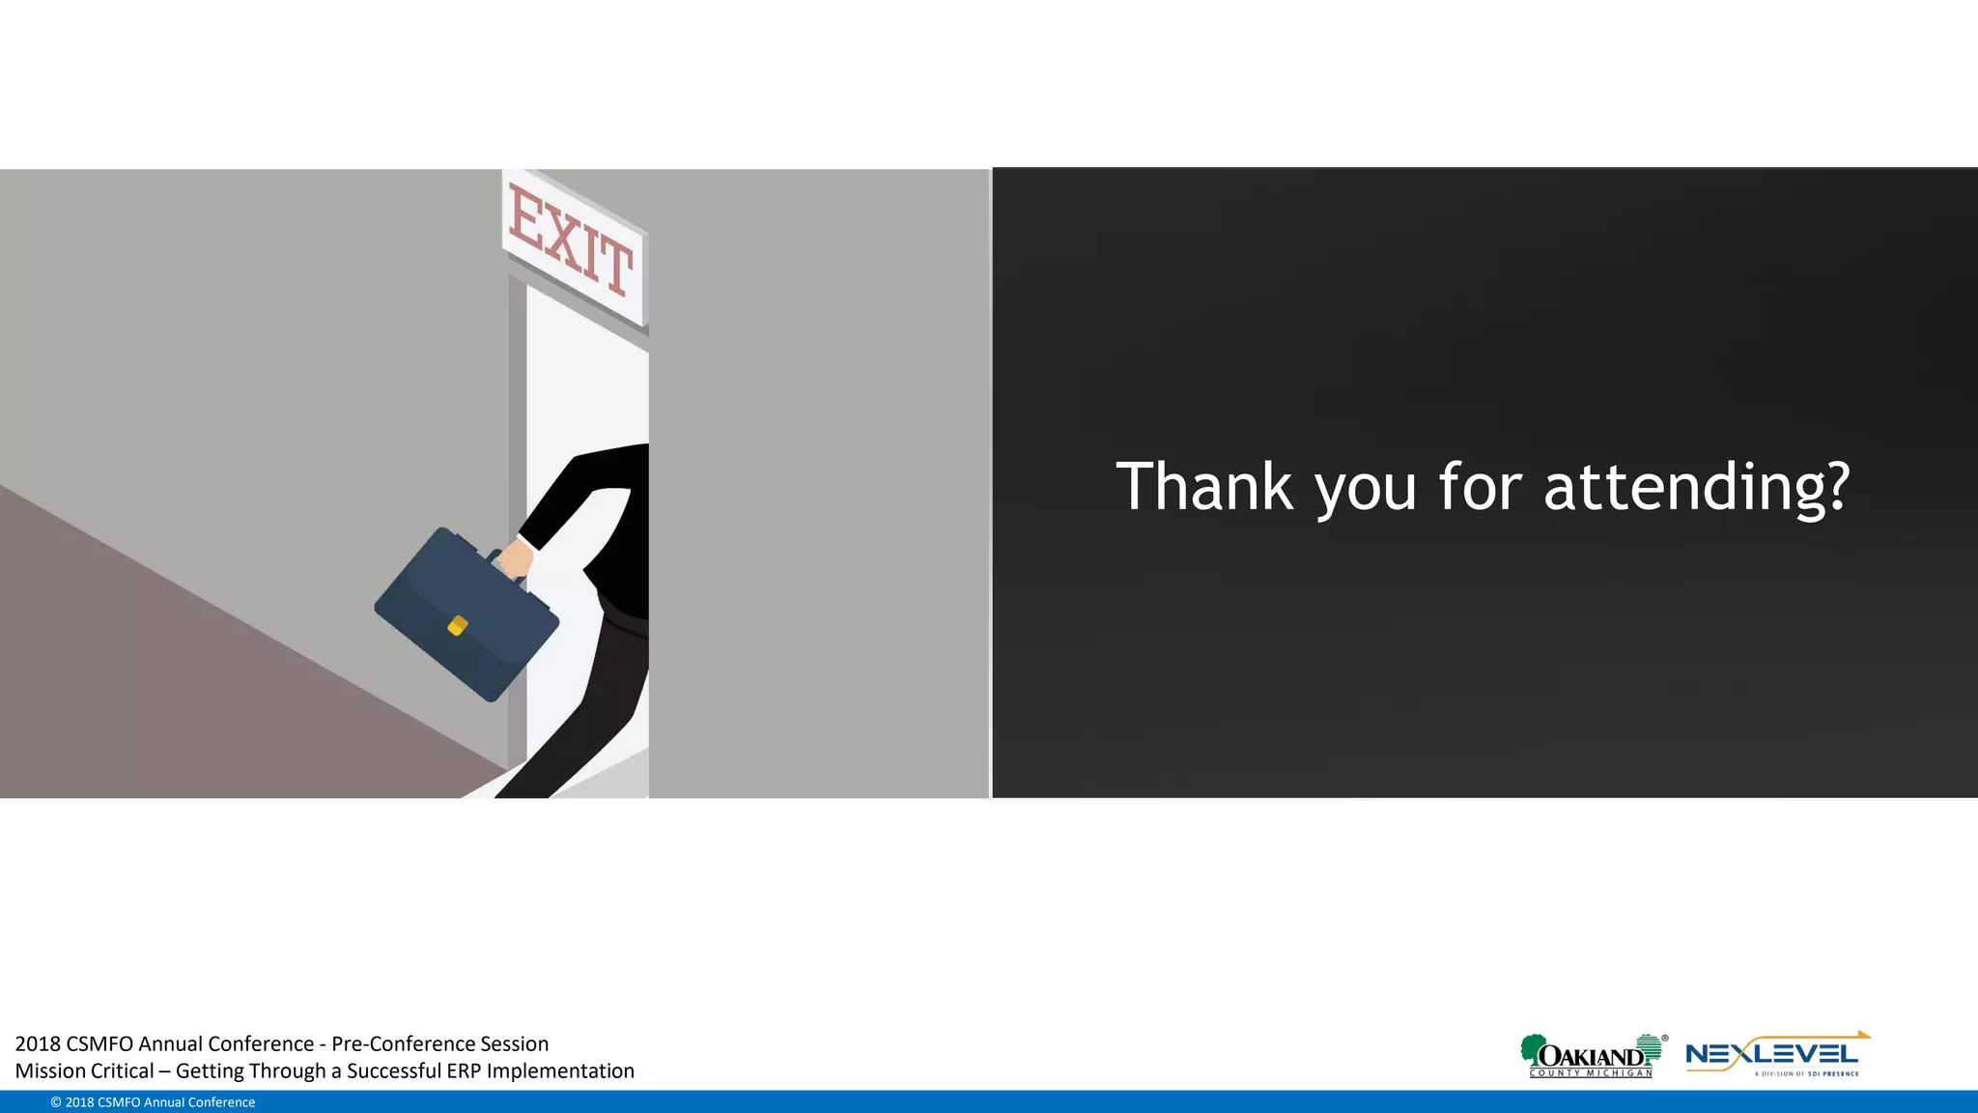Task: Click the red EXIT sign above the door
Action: [572, 241]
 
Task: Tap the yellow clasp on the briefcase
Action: [458, 626]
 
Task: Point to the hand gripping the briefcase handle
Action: [516, 559]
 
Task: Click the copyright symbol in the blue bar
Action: [56, 1102]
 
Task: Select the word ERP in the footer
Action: [464, 1070]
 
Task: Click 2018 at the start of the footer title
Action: [38, 1043]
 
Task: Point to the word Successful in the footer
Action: [393, 1070]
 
